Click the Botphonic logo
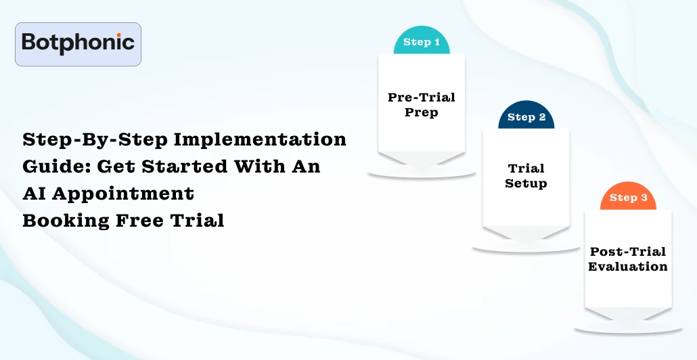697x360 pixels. pyautogui.click(x=78, y=44)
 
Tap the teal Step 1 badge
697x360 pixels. pyautogui.click(x=422, y=43)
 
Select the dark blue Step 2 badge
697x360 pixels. pyautogui.click(x=526, y=118)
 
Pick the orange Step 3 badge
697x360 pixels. pyautogui.click(x=628, y=198)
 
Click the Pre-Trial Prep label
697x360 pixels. pyautogui.click(x=422, y=105)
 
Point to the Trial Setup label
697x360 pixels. pyautogui.click(x=526, y=176)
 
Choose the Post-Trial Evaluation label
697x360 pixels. pyautogui.click(x=628, y=259)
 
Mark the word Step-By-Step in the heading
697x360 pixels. pyautogui.click(x=95, y=139)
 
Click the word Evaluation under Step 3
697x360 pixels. pyautogui.click(x=628, y=267)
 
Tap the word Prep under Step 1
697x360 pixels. pyautogui.click(x=422, y=112)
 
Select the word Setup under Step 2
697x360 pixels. pyautogui.click(x=526, y=183)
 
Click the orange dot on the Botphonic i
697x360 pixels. pyautogui.click(x=118, y=34)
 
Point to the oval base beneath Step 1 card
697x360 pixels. pyautogui.click(x=422, y=175)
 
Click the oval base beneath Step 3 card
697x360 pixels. pyautogui.click(x=628, y=330)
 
